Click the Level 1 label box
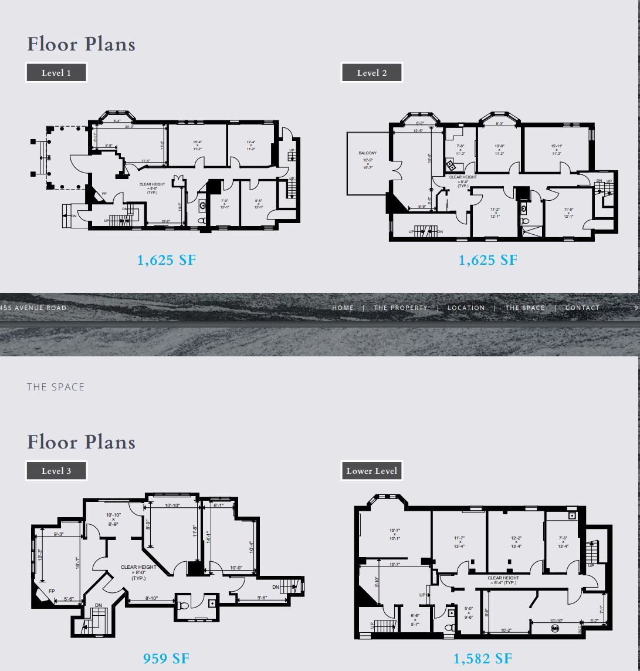coord(56,73)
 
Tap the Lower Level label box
coord(372,471)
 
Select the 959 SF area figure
coord(166,659)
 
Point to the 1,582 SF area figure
coord(483,659)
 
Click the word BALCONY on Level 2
coord(368,153)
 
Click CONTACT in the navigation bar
coord(583,308)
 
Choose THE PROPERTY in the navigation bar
coord(401,308)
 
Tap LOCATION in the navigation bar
coord(466,308)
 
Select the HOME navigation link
coord(343,308)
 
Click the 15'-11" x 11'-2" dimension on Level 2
coord(557,150)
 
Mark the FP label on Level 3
coord(52,591)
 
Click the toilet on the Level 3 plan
coord(184,605)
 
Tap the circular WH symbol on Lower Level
coord(555,629)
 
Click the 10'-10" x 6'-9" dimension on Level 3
coord(113,520)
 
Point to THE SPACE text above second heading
coord(56,387)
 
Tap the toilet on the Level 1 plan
coord(202,221)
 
